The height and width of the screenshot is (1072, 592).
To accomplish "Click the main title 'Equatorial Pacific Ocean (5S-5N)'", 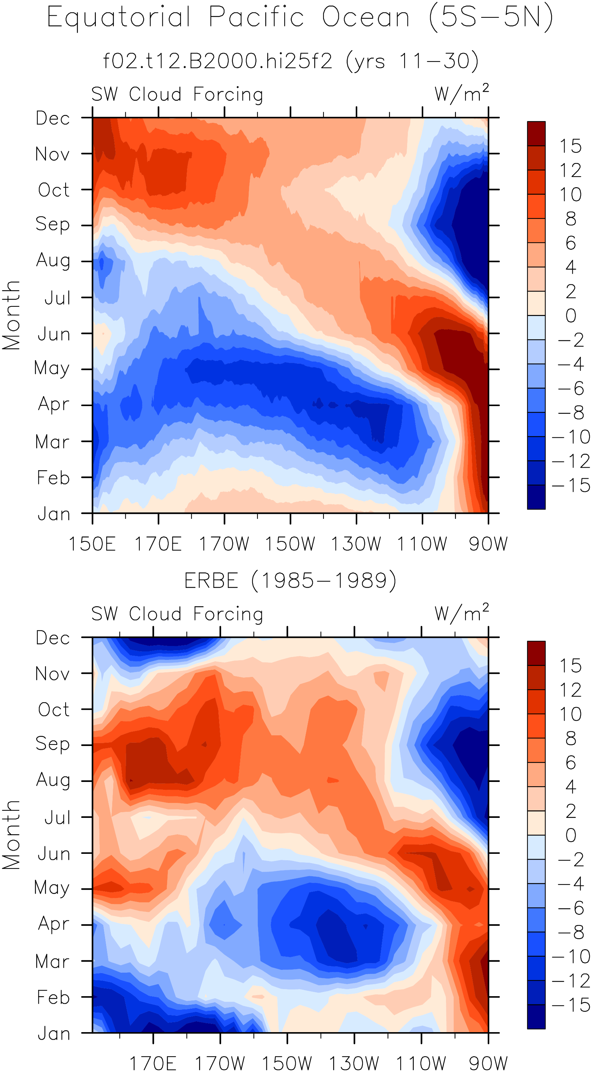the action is tap(300, 17).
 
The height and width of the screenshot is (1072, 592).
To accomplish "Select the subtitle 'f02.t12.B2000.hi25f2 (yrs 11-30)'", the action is tap(291, 61).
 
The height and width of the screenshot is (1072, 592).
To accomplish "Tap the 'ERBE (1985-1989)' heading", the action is tap(290, 580).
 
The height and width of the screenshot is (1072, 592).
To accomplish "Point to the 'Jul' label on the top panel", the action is tap(57, 298).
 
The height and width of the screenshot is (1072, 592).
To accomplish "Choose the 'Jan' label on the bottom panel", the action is tap(54, 1034).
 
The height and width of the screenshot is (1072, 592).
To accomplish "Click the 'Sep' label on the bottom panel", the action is tap(52, 745).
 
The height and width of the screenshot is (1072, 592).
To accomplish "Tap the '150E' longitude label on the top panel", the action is tap(92, 544).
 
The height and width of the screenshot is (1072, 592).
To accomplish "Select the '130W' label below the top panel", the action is tap(356, 544).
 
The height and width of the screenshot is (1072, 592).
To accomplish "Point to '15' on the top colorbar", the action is tap(570, 146).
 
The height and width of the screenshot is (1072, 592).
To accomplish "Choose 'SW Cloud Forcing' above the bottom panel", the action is tap(177, 614).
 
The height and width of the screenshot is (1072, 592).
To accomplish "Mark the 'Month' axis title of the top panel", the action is tap(11, 315).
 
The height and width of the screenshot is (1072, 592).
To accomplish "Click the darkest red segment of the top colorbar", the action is tap(536, 133).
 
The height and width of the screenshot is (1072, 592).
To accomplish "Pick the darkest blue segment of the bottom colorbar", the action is tap(536, 1016).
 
